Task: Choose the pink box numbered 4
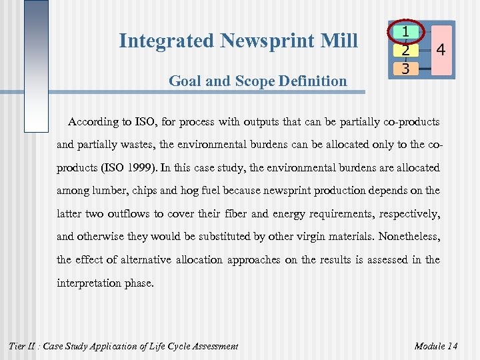tap(440, 50)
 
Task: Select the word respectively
tap(406, 214)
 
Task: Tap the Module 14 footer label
tap(436, 345)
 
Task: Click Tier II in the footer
tap(25, 345)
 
